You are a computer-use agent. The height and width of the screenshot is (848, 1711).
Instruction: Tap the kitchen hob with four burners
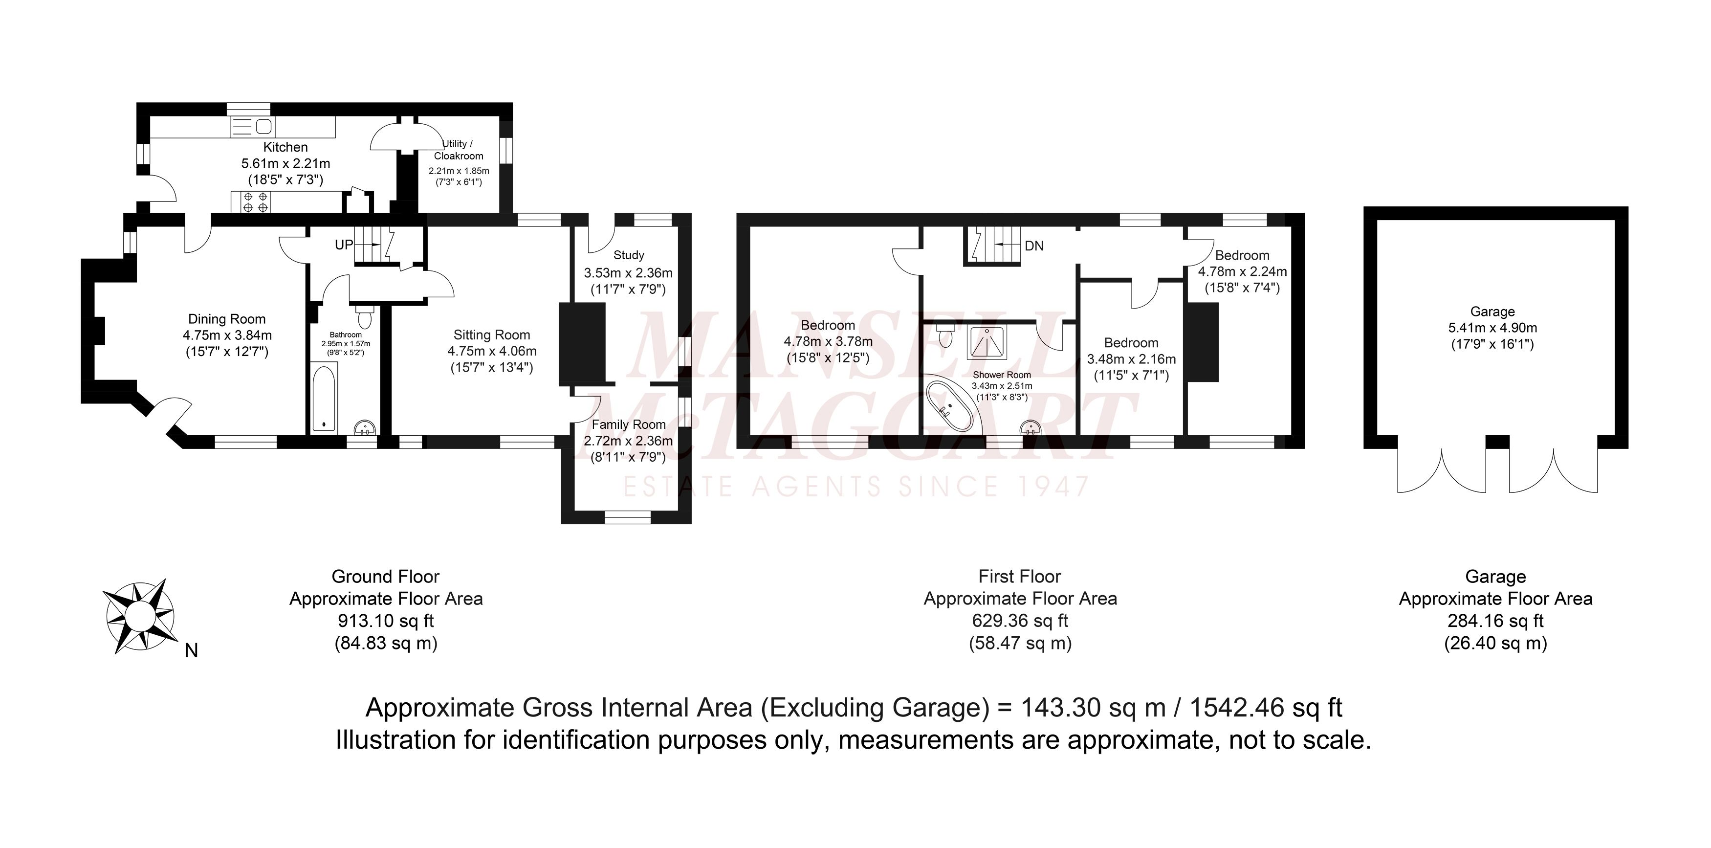(256, 202)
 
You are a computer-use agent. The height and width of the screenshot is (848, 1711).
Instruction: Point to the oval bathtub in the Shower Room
(950, 405)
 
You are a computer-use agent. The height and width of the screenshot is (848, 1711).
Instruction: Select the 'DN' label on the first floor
(1034, 246)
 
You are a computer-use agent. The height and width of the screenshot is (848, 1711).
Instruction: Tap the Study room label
(628, 255)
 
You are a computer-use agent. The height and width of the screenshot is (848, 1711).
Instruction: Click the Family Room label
(628, 424)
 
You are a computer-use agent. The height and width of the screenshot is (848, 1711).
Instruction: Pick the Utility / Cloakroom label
(459, 150)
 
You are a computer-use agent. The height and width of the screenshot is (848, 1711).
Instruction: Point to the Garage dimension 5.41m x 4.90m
(1492, 328)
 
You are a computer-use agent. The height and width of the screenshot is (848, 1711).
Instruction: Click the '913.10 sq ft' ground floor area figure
(386, 621)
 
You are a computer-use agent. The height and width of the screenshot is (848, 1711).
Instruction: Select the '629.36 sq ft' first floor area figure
(1020, 621)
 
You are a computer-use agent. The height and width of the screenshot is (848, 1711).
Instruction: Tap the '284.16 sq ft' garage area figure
(1496, 621)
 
